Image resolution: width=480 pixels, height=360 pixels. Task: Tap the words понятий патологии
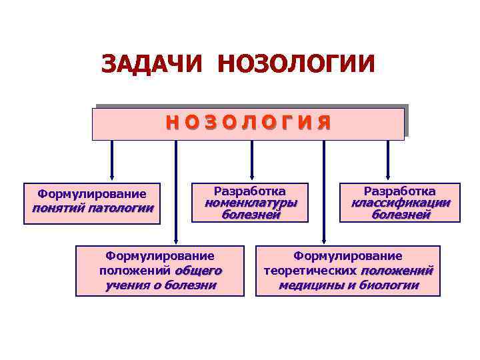93,208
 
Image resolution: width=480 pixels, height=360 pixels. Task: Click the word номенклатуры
251,203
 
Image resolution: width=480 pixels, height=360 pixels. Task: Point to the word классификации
401,203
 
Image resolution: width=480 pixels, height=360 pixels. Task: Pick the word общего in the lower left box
198,271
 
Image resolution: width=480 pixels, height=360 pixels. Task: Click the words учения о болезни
161,285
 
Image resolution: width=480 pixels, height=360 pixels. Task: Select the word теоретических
310,271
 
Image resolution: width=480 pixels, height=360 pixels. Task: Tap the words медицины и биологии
349,285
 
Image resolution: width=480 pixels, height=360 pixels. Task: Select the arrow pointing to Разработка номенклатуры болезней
251,160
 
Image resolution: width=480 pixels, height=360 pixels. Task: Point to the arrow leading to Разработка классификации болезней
389,160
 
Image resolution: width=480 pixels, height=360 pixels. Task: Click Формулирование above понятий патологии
92,194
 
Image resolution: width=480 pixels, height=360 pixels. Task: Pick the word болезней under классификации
401,215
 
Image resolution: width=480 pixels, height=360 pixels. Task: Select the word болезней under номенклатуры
251,215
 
